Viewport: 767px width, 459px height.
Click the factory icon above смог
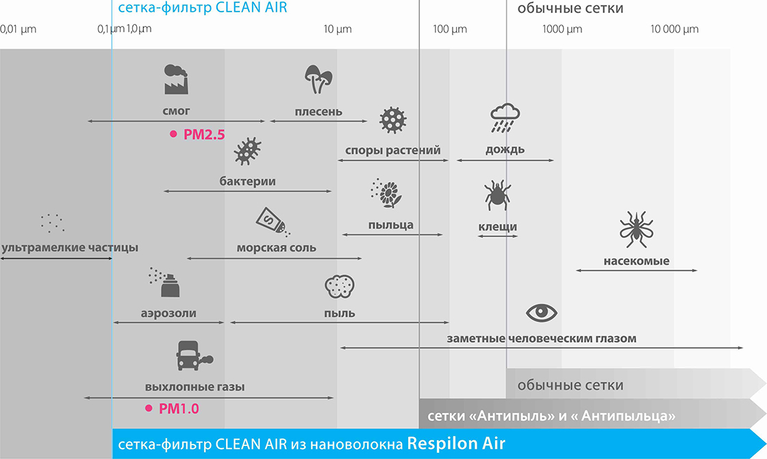(176, 79)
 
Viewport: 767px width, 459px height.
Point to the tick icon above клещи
(497, 195)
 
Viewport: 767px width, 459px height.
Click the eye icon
(542, 313)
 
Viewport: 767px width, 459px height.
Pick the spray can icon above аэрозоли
(164, 282)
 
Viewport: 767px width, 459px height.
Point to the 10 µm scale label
(338, 29)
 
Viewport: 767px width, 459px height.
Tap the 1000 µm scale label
(562, 29)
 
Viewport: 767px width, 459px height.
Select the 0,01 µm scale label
(18, 29)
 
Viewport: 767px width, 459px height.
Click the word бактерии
(247, 181)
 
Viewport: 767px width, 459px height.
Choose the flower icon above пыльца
(386, 193)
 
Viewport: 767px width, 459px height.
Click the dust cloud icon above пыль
(340, 287)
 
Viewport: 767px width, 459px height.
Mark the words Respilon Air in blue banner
(456, 443)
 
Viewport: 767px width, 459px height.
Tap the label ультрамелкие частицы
(70, 248)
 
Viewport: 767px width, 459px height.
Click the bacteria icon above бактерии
(247, 151)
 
